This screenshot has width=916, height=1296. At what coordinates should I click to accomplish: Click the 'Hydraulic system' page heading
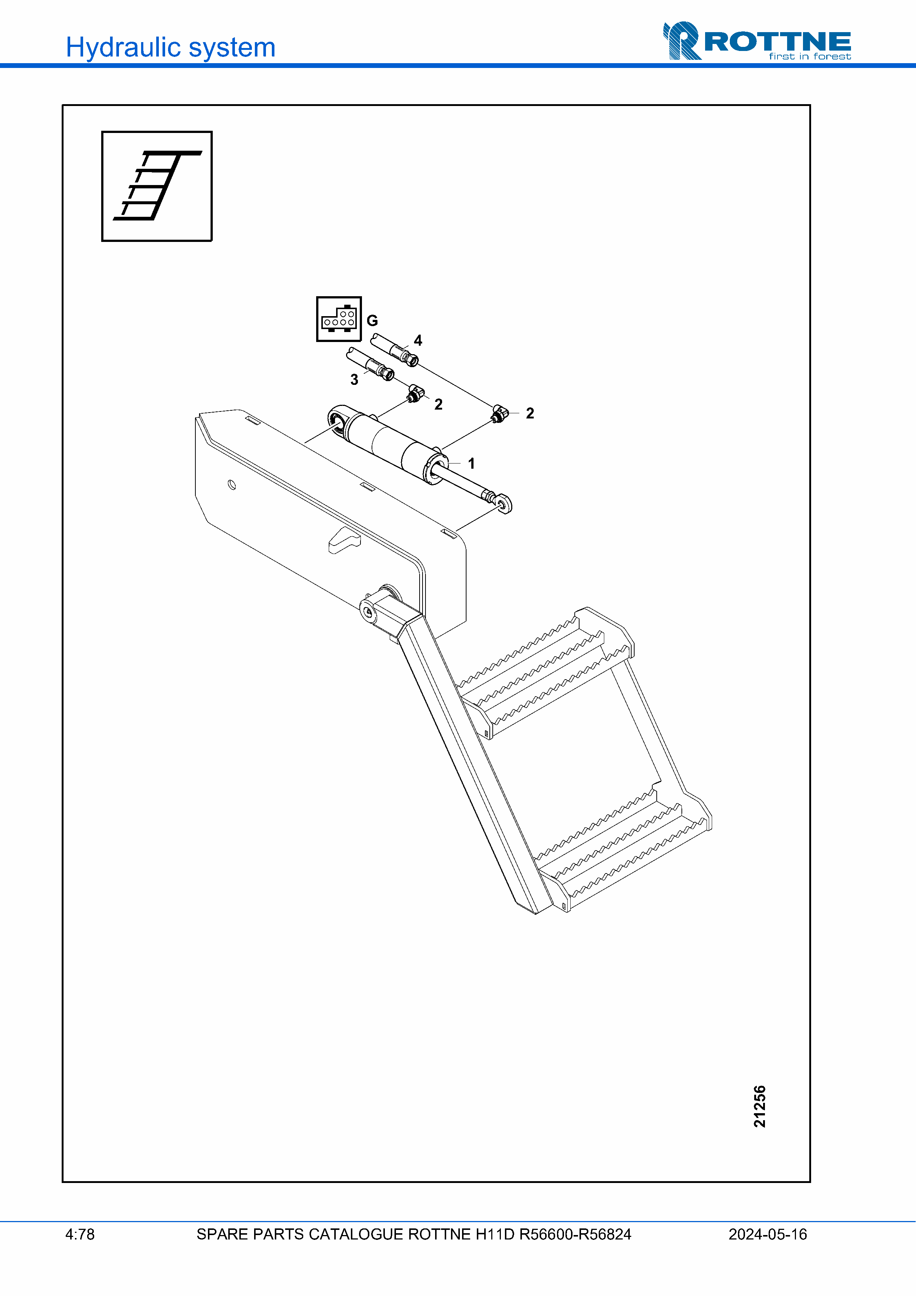170,47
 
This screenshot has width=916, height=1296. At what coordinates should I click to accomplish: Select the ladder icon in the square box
157,186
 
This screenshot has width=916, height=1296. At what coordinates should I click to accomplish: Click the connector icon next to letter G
339,319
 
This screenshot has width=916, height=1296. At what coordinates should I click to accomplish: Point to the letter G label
373,321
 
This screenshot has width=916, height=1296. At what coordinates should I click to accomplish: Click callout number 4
418,341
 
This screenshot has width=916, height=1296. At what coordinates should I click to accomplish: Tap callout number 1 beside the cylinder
471,464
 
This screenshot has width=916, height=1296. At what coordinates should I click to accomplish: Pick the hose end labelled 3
370,364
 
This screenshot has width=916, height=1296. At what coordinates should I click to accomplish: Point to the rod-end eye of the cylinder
503,503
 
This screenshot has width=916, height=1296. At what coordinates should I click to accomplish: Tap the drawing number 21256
760,1106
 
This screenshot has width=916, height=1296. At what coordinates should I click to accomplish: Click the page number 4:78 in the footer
80,1234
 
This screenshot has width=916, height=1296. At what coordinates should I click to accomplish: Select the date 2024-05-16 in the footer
768,1234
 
